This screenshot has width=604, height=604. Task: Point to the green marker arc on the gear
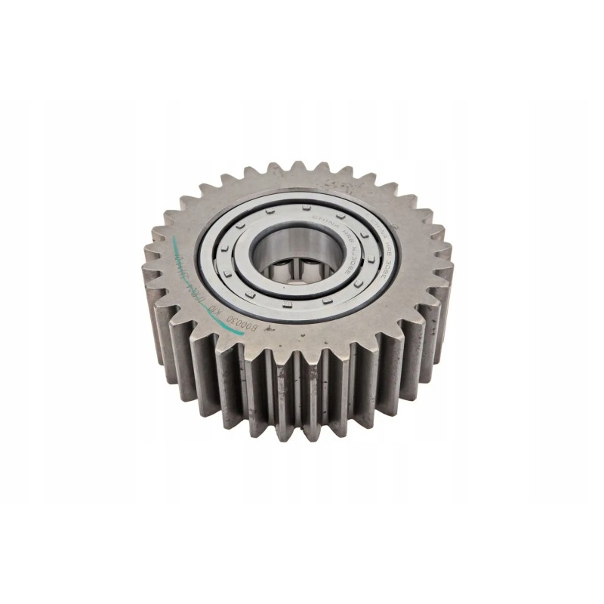pyautogui.click(x=177, y=257)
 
